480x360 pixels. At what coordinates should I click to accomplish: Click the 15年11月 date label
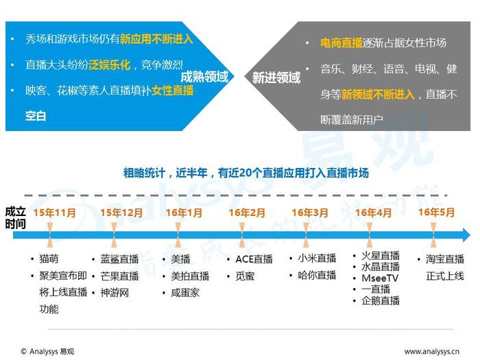(x=54, y=213)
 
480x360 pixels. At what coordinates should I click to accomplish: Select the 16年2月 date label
(x=247, y=213)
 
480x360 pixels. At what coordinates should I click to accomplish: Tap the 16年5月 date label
(x=436, y=212)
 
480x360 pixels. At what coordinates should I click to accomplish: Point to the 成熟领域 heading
(x=204, y=77)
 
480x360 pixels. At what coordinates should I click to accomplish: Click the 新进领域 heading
(x=276, y=77)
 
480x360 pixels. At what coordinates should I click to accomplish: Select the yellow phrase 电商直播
(x=341, y=43)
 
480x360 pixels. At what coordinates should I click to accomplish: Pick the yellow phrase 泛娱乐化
(x=109, y=65)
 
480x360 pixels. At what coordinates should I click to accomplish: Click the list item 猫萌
(x=49, y=259)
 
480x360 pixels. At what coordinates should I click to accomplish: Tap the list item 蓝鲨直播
(x=119, y=259)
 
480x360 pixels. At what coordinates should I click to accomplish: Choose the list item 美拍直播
(x=190, y=276)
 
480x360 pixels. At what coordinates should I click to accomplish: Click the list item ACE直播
(x=254, y=259)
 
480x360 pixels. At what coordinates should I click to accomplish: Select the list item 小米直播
(x=317, y=259)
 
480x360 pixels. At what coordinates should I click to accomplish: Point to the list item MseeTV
(x=380, y=278)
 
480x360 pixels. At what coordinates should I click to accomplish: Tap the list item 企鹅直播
(x=381, y=300)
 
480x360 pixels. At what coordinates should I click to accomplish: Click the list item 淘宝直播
(x=445, y=259)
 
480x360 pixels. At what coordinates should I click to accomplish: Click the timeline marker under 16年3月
(x=306, y=235)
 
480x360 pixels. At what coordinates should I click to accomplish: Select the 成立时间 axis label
(x=15, y=217)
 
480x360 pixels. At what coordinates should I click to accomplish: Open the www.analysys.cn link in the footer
(x=431, y=351)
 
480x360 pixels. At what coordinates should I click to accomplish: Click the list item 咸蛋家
(x=185, y=293)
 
